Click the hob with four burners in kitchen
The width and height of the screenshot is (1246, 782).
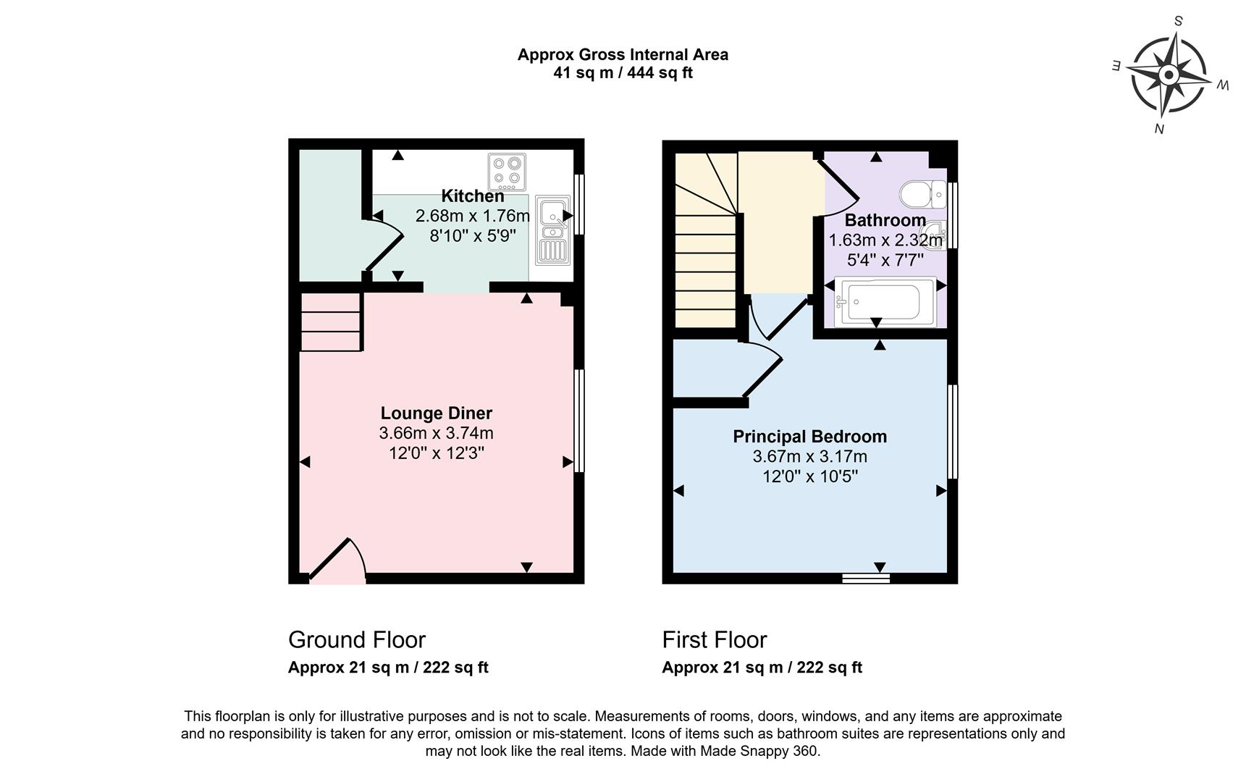tap(506, 171)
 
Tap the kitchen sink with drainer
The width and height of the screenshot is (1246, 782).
tap(552, 230)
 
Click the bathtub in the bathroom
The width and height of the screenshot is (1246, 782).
tap(885, 300)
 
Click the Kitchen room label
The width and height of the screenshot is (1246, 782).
tap(472, 196)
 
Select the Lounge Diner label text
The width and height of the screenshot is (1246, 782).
tap(436, 413)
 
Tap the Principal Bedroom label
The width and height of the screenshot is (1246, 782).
tap(809, 437)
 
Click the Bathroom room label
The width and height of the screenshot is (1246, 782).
tap(885, 220)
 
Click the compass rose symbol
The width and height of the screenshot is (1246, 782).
tap(1168, 75)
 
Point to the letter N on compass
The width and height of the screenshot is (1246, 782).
tap(1158, 129)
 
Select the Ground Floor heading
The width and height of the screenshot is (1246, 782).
tap(356, 640)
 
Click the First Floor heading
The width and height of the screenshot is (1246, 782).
tap(714, 640)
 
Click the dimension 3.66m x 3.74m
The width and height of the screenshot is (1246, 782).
tap(436, 434)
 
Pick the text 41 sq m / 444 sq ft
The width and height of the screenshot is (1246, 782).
tap(623, 73)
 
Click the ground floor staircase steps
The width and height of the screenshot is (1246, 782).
tap(331, 321)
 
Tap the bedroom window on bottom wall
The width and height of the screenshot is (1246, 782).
tap(866, 578)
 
